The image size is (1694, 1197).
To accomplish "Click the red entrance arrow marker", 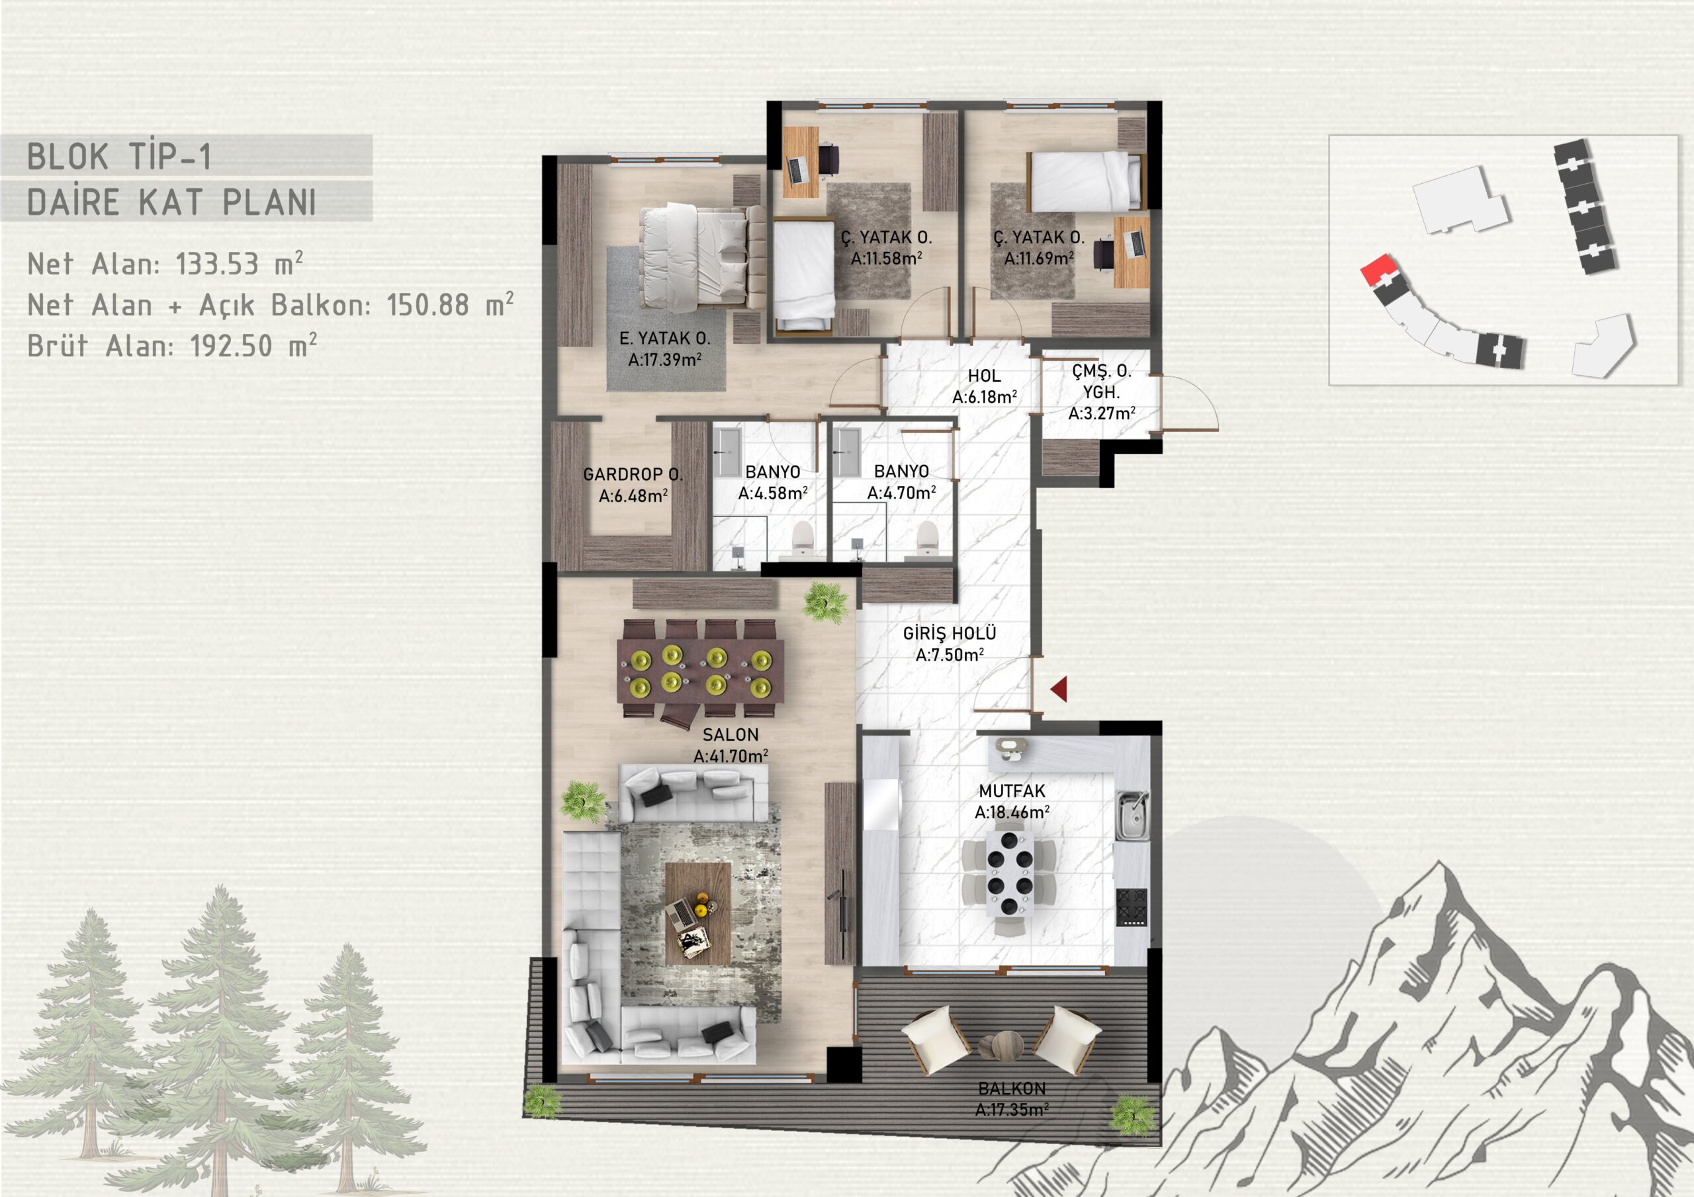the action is (x=1059, y=690).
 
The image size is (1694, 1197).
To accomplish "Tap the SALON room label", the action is (x=731, y=735).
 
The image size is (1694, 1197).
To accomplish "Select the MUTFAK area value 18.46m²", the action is (x=1012, y=812).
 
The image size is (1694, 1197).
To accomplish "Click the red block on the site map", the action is (x=1379, y=270).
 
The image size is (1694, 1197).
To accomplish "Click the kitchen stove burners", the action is (x=1131, y=907).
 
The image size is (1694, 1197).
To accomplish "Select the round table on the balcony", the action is (x=1001, y=1048).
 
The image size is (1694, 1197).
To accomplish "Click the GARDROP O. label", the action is (x=633, y=474).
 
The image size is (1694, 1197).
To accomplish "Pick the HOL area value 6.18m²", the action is (x=985, y=397).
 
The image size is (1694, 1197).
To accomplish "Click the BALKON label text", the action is (x=1012, y=1089).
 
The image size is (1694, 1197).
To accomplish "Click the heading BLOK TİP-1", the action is (x=120, y=156).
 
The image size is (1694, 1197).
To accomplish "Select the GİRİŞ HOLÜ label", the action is (x=950, y=633).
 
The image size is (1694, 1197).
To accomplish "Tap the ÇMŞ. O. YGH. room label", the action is (x=1102, y=382).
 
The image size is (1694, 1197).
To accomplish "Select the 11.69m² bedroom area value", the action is (x=1039, y=258).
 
